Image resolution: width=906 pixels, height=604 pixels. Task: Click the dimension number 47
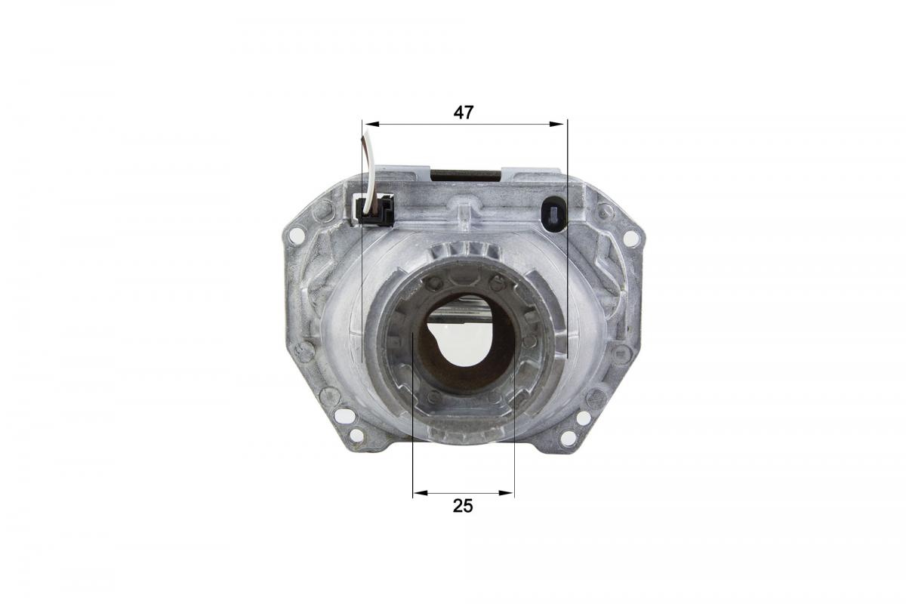(x=463, y=112)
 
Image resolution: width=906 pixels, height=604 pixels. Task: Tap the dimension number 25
(x=463, y=506)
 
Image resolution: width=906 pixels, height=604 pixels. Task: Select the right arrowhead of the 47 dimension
(x=561, y=124)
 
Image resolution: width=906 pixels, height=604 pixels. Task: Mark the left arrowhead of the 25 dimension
(x=418, y=494)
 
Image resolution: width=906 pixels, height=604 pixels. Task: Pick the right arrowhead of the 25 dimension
(x=510, y=494)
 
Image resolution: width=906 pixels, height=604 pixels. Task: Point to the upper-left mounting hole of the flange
(x=297, y=235)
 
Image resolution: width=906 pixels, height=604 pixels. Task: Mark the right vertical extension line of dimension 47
(x=566, y=242)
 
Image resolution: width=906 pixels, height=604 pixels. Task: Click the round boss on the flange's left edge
(x=304, y=350)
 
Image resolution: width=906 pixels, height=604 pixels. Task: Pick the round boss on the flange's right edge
(x=621, y=353)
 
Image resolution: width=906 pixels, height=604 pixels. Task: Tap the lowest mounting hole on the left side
(x=356, y=434)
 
